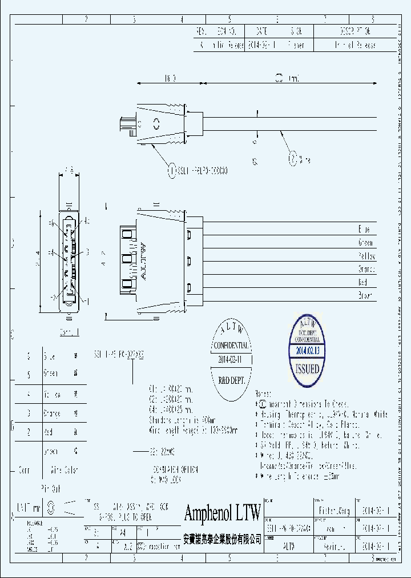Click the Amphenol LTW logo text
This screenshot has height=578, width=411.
pos(223,512)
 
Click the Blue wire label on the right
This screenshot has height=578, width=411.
pos(364,229)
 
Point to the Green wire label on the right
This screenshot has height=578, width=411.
pos(365,243)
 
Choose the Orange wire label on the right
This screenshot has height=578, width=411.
pos(365,269)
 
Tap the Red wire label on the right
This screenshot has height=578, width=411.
pos(362,282)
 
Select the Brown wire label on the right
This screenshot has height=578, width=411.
pos(365,296)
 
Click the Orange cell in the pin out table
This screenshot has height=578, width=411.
pos(51,413)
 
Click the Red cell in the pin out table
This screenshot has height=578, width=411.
pos(49,432)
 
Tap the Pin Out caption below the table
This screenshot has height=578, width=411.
pos(52,488)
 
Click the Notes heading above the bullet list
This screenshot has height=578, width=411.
pos(264,394)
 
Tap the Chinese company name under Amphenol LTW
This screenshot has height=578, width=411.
pos(223,538)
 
